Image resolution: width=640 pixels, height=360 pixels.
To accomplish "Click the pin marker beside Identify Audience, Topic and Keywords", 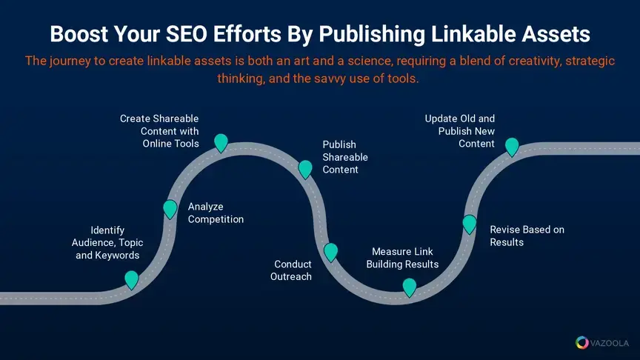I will pyautogui.click(x=131, y=279).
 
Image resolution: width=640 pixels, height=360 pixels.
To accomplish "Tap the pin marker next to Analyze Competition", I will pyautogui.click(x=170, y=209).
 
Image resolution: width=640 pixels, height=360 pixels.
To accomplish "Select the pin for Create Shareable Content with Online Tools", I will pyautogui.click(x=221, y=142).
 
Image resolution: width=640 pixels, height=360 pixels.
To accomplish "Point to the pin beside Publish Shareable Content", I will pyautogui.click(x=304, y=169).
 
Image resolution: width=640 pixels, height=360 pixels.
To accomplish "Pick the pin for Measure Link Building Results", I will pyautogui.click(x=409, y=287).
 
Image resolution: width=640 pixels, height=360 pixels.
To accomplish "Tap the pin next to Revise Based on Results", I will pyautogui.click(x=469, y=224).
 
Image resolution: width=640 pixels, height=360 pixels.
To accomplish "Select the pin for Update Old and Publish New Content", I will pyautogui.click(x=511, y=147).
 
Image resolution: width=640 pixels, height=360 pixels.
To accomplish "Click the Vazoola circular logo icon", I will pyautogui.click(x=582, y=343).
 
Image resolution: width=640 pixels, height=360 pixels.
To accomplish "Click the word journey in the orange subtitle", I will pyautogui.click(x=70, y=61).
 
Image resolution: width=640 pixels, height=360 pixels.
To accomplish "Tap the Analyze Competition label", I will pyautogui.click(x=216, y=213).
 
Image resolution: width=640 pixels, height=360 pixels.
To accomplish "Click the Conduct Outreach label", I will pyautogui.click(x=293, y=270).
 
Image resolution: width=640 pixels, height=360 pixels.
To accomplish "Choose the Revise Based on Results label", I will pyautogui.click(x=527, y=236).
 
